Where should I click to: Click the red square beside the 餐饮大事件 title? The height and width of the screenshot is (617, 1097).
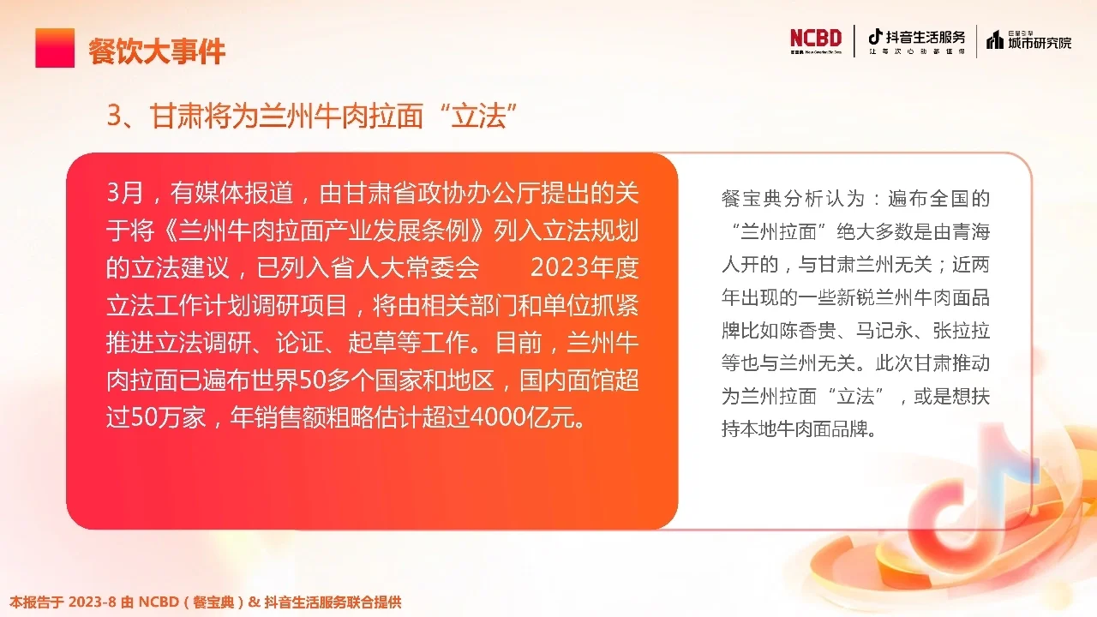(55, 48)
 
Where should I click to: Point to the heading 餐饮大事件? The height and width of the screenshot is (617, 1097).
(157, 51)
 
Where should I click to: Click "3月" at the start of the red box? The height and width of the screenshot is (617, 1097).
(125, 194)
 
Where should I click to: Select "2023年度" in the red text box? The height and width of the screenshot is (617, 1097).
(584, 267)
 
